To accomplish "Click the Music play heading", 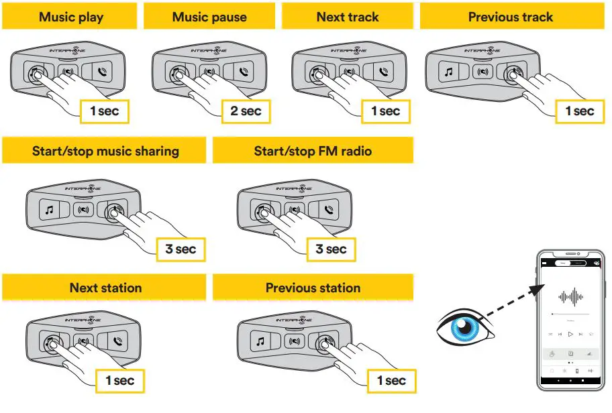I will click(71, 17).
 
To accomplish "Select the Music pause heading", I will click(209, 17).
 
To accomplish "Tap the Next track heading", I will click(348, 17).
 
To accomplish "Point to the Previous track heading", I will click(510, 17).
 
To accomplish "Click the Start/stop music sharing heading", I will click(105, 151).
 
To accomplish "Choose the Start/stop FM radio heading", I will click(313, 151).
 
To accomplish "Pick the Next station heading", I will click(105, 288).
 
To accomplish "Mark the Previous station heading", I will click(313, 288).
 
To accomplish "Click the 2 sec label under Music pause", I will click(246, 111).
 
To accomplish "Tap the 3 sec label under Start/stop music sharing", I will click(181, 249).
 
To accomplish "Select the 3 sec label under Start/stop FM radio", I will click(331, 249).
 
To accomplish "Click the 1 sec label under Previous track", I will click(580, 111).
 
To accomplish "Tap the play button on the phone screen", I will click(570, 333).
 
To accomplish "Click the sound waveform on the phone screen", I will click(570, 296).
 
